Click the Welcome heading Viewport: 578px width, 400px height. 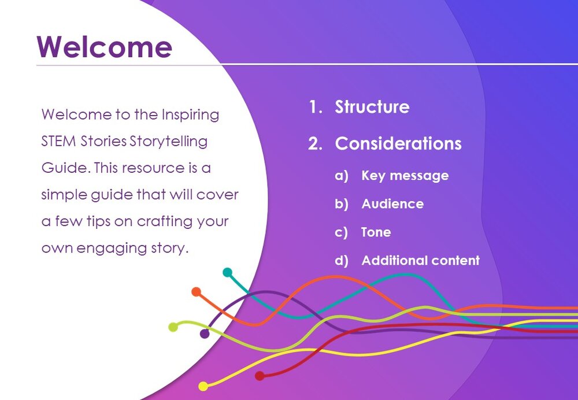[104, 46]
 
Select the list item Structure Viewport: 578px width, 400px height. [372, 107]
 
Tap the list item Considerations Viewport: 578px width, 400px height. [398, 143]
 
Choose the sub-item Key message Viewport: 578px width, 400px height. [405, 176]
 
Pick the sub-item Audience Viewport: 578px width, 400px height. [392, 204]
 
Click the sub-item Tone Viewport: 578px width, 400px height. [376, 232]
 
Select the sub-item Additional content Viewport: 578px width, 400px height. [421, 260]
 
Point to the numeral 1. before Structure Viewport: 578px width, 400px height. [316, 107]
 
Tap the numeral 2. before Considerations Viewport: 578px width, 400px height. [316, 143]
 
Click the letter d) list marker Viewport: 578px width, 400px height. [342, 261]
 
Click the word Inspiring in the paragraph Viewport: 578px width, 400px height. [190, 115]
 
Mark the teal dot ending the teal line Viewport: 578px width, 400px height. [227, 272]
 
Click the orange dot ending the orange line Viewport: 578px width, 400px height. [196, 292]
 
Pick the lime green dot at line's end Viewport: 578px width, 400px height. [173, 327]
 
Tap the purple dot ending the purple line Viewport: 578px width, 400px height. [205, 334]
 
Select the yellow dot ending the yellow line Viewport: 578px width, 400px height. [203, 386]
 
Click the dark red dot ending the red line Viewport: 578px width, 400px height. [260, 376]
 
